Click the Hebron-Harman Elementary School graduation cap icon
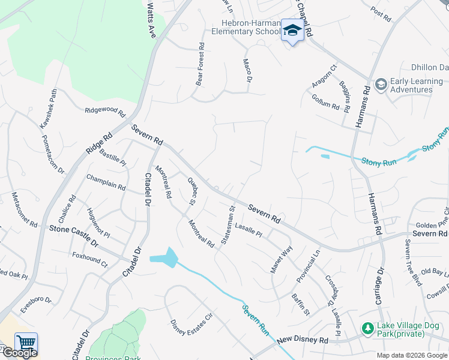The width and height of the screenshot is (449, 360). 292,31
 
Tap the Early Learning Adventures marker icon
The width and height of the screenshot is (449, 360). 380,85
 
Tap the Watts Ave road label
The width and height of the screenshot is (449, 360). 151,19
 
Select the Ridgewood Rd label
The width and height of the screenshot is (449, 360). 104,111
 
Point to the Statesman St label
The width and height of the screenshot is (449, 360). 227,225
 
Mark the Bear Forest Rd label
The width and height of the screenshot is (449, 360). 200,63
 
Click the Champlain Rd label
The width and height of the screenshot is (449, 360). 106,182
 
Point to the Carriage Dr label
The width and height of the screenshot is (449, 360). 380,287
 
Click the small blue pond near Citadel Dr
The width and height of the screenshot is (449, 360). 164,258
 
